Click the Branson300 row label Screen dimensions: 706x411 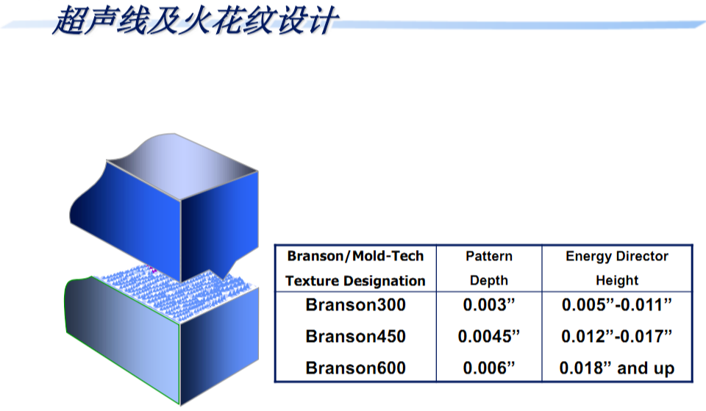[x=355, y=305]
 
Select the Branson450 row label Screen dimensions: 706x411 [x=355, y=336]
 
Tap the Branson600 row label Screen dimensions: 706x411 [x=355, y=368]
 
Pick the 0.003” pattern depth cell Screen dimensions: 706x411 [x=488, y=305]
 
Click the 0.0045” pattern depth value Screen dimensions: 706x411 [x=488, y=336]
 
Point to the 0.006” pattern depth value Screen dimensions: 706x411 [x=488, y=368]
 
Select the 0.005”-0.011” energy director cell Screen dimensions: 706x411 [x=617, y=305]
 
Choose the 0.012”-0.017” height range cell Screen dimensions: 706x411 [x=617, y=336]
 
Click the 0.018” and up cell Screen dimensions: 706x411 [x=617, y=368]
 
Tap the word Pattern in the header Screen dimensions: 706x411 [x=489, y=256]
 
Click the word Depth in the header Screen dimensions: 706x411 [x=489, y=280]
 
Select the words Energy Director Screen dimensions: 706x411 [x=617, y=256]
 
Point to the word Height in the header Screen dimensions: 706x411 [x=617, y=280]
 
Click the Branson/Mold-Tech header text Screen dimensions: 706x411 [x=355, y=256]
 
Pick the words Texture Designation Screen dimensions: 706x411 [x=355, y=281]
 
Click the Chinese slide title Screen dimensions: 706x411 [x=195, y=21]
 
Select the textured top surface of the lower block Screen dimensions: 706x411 [x=176, y=292]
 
